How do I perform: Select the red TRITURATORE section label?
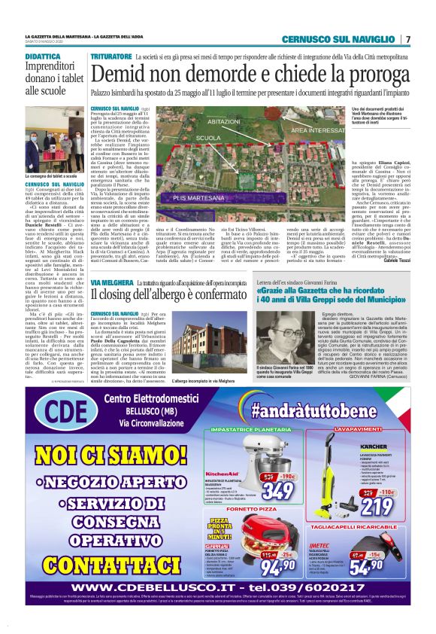point(111,56)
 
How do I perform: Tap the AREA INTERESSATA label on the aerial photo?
point(298,130)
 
